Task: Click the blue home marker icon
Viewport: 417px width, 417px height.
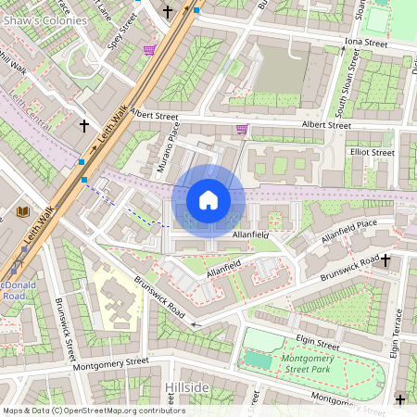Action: [208, 199]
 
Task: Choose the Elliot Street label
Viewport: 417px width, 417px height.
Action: [372, 152]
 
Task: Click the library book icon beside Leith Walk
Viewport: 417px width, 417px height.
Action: [23, 212]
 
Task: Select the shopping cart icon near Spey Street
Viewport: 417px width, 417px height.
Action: [149, 50]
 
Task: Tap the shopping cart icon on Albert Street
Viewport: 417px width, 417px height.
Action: [242, 129]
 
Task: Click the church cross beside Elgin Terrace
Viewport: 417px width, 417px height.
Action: [386, 261]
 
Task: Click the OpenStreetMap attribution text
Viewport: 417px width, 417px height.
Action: [93, 411]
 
